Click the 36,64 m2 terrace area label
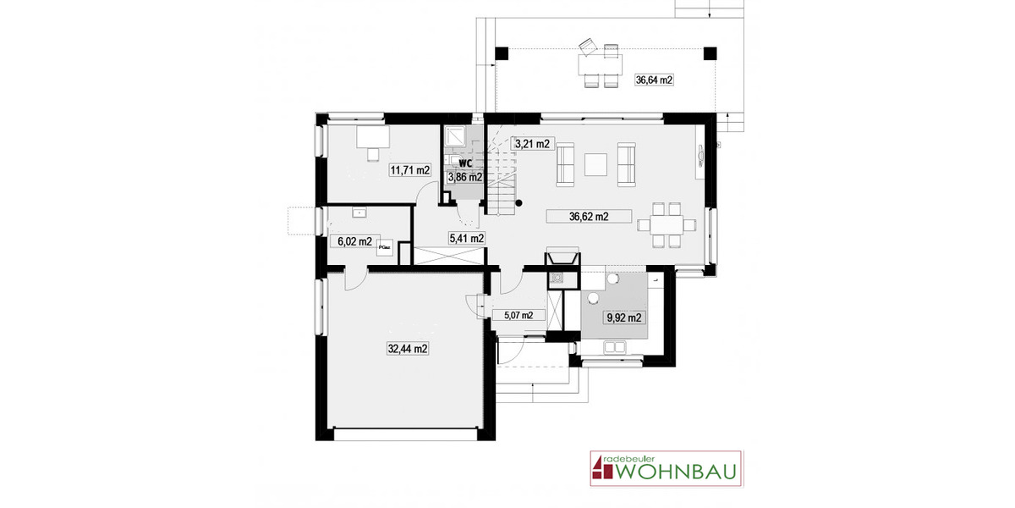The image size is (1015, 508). point(654,80)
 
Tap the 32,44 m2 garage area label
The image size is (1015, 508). point(408,348)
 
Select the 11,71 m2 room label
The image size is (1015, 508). point(409,170)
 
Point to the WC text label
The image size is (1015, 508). point(464,163)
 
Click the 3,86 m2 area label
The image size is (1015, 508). point(464,178)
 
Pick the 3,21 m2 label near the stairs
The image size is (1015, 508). point(533,144)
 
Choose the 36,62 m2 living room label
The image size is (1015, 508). point(589,217)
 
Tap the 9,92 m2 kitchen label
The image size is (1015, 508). point(623,318)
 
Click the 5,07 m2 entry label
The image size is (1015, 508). point(518,315)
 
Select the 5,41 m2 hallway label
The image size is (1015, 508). point(465,238)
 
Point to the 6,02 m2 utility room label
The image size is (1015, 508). point(354,241)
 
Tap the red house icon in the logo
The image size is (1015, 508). point(599,467)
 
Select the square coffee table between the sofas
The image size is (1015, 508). point(597,163)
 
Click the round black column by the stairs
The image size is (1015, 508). point(518,202)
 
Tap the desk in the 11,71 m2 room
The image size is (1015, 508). point(372,136)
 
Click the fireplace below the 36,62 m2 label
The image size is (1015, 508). point(562,257)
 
